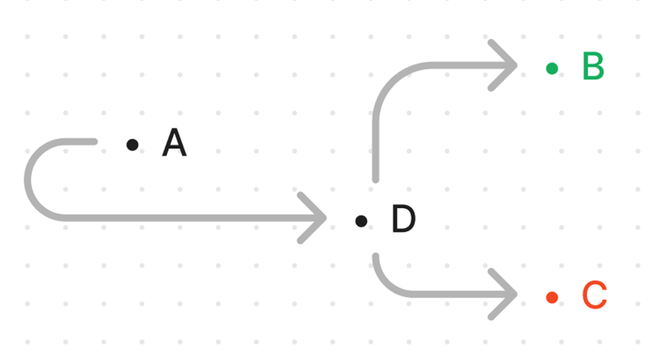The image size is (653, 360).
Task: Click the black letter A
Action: pos(174,143)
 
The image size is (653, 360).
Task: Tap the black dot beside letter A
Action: pos(133,144)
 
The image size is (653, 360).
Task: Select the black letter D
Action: pos(403,220)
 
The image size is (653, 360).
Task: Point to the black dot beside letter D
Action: pos(361,221)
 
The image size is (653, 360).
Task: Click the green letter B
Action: pos(593,67)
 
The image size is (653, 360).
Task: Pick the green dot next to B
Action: pos(552,69)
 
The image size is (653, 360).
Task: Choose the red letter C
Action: pos(594,296)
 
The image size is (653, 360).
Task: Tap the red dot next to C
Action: pos(552,297)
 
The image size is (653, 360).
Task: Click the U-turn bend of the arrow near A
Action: pos(31,180)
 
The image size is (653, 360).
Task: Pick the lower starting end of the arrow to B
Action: pos(375,178)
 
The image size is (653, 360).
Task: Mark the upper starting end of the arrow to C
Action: pos(376,257)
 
